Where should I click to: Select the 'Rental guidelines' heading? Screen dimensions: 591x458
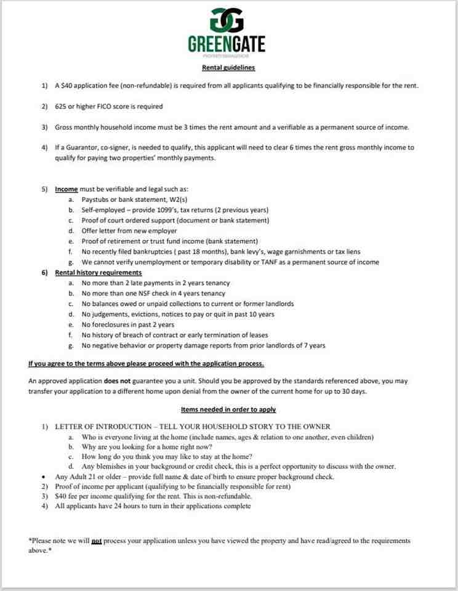coord(228,68)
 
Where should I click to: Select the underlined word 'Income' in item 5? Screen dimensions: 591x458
coord(66,189)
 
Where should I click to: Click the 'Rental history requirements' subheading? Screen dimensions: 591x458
coord(98,272)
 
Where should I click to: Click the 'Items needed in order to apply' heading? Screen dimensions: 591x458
coord(228,409)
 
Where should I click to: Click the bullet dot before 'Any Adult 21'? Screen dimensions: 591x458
coord(42,476)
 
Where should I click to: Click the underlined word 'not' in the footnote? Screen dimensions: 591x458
coord(96,541)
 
